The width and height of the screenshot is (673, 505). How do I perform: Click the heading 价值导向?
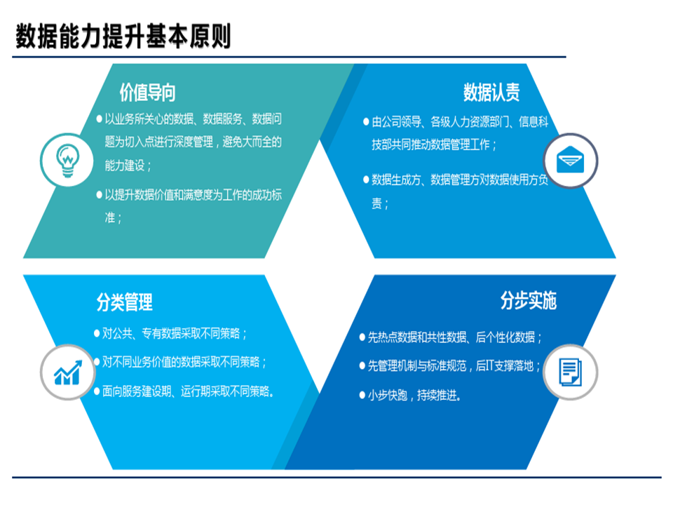pos(148,93)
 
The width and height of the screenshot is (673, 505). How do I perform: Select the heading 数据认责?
pos(491,93)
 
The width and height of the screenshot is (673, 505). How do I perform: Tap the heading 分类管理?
pos(124,303)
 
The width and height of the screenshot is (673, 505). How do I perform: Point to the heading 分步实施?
pos(529,301)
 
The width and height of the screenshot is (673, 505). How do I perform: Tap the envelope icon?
pos(571,161)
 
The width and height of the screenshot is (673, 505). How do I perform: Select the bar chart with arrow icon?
pos(67,373)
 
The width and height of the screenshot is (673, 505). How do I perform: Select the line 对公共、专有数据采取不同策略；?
pos(175,334)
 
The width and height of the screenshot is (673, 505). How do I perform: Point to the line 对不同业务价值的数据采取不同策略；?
pos(185,363)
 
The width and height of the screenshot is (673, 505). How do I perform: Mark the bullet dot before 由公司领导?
pos(366,122)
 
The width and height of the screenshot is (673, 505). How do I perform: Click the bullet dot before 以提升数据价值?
pos(99,194)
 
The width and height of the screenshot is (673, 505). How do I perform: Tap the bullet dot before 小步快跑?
pos(362,396)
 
